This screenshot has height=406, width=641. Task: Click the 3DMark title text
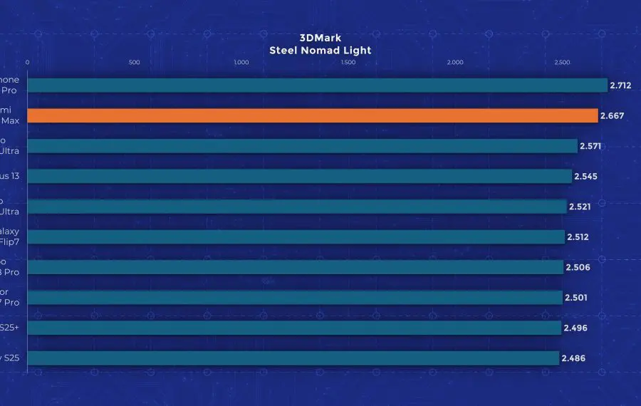(320, 38)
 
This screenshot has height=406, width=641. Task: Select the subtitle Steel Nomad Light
(320, 51)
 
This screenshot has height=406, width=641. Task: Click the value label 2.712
(620, 85)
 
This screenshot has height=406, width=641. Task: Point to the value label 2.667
(611, 115)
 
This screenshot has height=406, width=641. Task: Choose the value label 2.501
(575, 297)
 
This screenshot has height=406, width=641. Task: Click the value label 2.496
(573, 328)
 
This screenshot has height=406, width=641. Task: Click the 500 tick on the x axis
(134, 63)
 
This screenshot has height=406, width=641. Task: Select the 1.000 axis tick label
(241, 63)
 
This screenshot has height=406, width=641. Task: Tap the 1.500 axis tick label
(348, 63)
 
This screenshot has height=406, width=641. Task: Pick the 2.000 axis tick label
(454, 63)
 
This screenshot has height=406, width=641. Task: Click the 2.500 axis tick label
(561, 63)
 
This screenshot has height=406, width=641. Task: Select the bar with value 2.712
(317, 85)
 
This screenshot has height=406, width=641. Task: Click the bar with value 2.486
(293, 358)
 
